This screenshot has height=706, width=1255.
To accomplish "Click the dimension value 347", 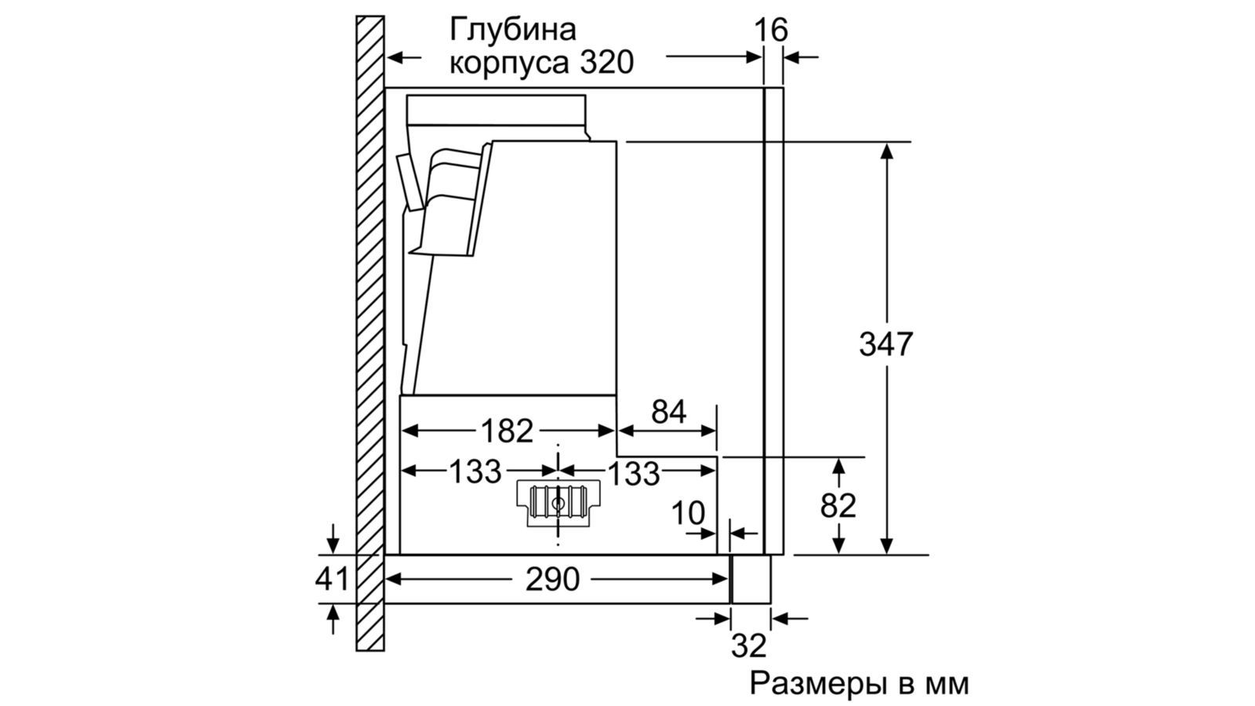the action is point(886,344).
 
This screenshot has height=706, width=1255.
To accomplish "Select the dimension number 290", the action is point(552,580).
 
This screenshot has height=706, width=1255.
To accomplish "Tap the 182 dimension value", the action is point(507,431).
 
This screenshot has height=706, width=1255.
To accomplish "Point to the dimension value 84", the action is point(668,412).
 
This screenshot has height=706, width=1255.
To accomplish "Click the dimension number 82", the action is point(838,506).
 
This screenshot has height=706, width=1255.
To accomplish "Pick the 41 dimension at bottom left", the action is point(332,579).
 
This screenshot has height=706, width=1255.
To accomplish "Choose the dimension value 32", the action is point(748,646).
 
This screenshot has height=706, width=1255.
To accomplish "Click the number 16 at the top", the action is point(771,30).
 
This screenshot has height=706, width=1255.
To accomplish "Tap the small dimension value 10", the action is point(688,513).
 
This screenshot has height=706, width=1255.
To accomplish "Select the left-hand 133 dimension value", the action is point(475,471).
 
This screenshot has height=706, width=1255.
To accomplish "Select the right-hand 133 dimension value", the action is point(634,474).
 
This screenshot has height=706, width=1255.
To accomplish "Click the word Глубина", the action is point(513,30).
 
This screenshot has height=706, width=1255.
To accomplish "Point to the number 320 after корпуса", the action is point(607,62).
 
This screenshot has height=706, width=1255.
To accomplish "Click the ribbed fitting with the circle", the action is point(558,503).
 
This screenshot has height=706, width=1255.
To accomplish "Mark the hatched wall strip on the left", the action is point(370,333).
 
